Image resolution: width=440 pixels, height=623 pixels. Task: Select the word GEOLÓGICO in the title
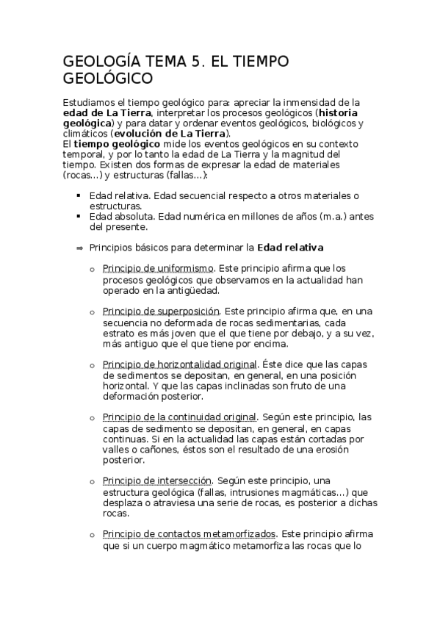coord(108,78)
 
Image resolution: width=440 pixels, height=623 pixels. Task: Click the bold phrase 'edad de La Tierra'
coord(107,112)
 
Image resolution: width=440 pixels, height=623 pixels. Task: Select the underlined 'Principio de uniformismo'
coord(158,269)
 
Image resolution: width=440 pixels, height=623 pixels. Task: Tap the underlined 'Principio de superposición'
coord(161,311)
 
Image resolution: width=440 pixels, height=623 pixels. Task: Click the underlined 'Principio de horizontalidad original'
coord(179,364)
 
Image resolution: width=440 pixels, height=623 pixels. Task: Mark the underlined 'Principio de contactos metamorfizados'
coord(189,534)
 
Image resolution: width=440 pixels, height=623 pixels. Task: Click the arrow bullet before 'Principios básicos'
coord(79,248)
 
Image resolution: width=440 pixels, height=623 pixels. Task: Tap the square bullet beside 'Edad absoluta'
coord(78,217)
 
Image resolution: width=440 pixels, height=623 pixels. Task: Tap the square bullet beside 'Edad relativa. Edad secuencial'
coord(78,195)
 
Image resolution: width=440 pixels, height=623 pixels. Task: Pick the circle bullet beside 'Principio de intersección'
coord(92,482)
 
